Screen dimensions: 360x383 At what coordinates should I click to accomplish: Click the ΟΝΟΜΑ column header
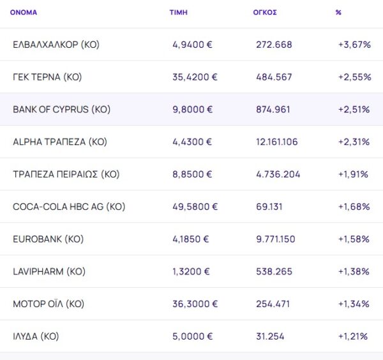24,13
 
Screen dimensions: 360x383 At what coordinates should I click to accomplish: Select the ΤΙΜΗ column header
178,13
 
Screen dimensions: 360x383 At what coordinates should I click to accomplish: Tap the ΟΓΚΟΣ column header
265,13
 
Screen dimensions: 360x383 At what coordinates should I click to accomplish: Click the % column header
338,13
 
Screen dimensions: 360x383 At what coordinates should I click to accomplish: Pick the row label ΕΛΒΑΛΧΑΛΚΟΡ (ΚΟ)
56,45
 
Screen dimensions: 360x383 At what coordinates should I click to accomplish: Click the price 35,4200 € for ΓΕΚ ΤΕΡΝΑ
195,77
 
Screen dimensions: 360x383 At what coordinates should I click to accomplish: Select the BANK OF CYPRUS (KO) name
61,110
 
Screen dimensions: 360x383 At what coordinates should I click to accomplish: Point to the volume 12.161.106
276,142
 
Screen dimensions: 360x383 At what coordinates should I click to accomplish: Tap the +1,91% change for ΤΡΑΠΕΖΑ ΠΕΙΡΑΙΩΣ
354,175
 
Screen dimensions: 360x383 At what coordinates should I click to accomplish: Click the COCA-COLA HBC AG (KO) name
69,207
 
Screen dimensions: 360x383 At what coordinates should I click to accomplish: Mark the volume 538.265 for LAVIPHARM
274,272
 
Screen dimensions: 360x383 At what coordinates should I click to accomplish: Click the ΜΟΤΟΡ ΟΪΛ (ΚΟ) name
49,304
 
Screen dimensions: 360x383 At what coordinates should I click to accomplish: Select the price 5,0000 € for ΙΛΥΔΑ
192,336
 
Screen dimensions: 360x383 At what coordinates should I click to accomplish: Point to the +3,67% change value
354,45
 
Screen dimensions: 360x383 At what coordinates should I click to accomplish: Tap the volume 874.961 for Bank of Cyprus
273,110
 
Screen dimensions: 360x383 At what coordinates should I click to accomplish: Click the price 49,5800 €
195,207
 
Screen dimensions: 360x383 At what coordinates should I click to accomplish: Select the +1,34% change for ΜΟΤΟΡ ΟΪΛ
354,304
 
